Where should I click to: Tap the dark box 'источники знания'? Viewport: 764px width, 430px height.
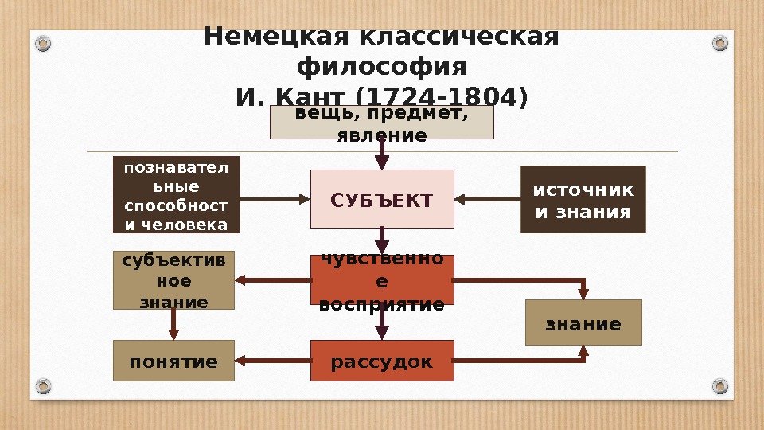pos(583,199)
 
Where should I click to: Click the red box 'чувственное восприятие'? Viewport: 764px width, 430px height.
pos(382,279)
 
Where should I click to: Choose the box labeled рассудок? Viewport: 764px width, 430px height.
pos(382,361)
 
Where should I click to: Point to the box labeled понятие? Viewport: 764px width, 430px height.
pos(173,361)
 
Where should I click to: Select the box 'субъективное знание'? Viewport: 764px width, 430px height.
pos(173,280)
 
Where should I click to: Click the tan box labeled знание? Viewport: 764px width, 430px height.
pos(583,322)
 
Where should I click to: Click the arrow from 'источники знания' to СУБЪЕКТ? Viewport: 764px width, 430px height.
pos(487,199)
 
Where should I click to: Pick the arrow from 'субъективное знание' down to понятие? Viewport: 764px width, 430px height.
pos(173,324)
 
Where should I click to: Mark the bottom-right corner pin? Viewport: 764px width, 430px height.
pos(720,387)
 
